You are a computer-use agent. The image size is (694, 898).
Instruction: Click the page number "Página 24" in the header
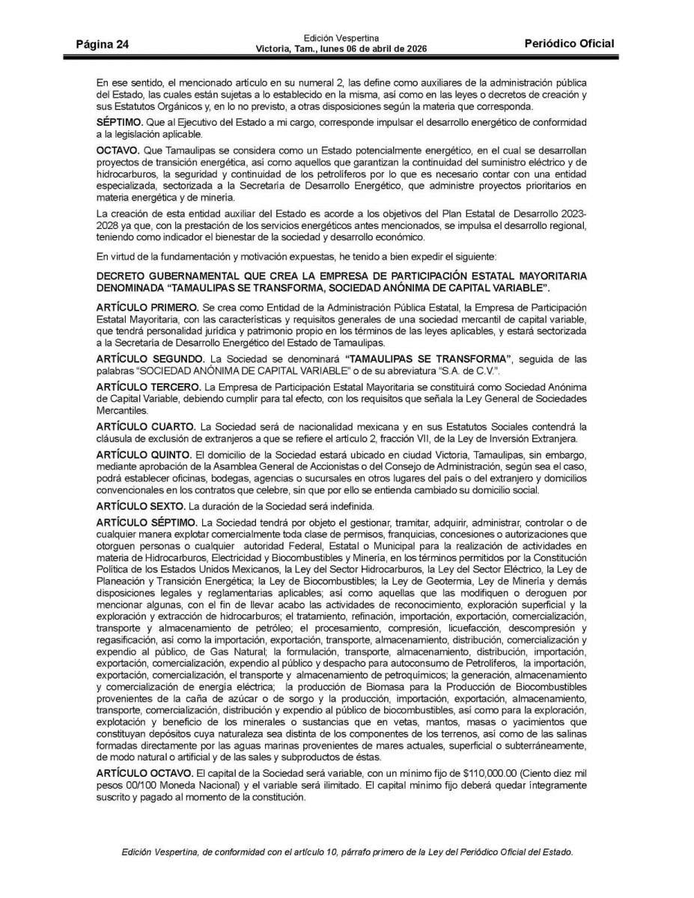coord(103,44)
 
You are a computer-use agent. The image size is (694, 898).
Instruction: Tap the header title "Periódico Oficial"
coord(570,43)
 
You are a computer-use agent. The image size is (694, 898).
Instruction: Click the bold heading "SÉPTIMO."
coord(122,122)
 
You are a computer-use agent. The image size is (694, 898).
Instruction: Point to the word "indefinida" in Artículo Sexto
coord(347,506)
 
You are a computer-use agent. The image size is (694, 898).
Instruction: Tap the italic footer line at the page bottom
coord(347,852)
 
